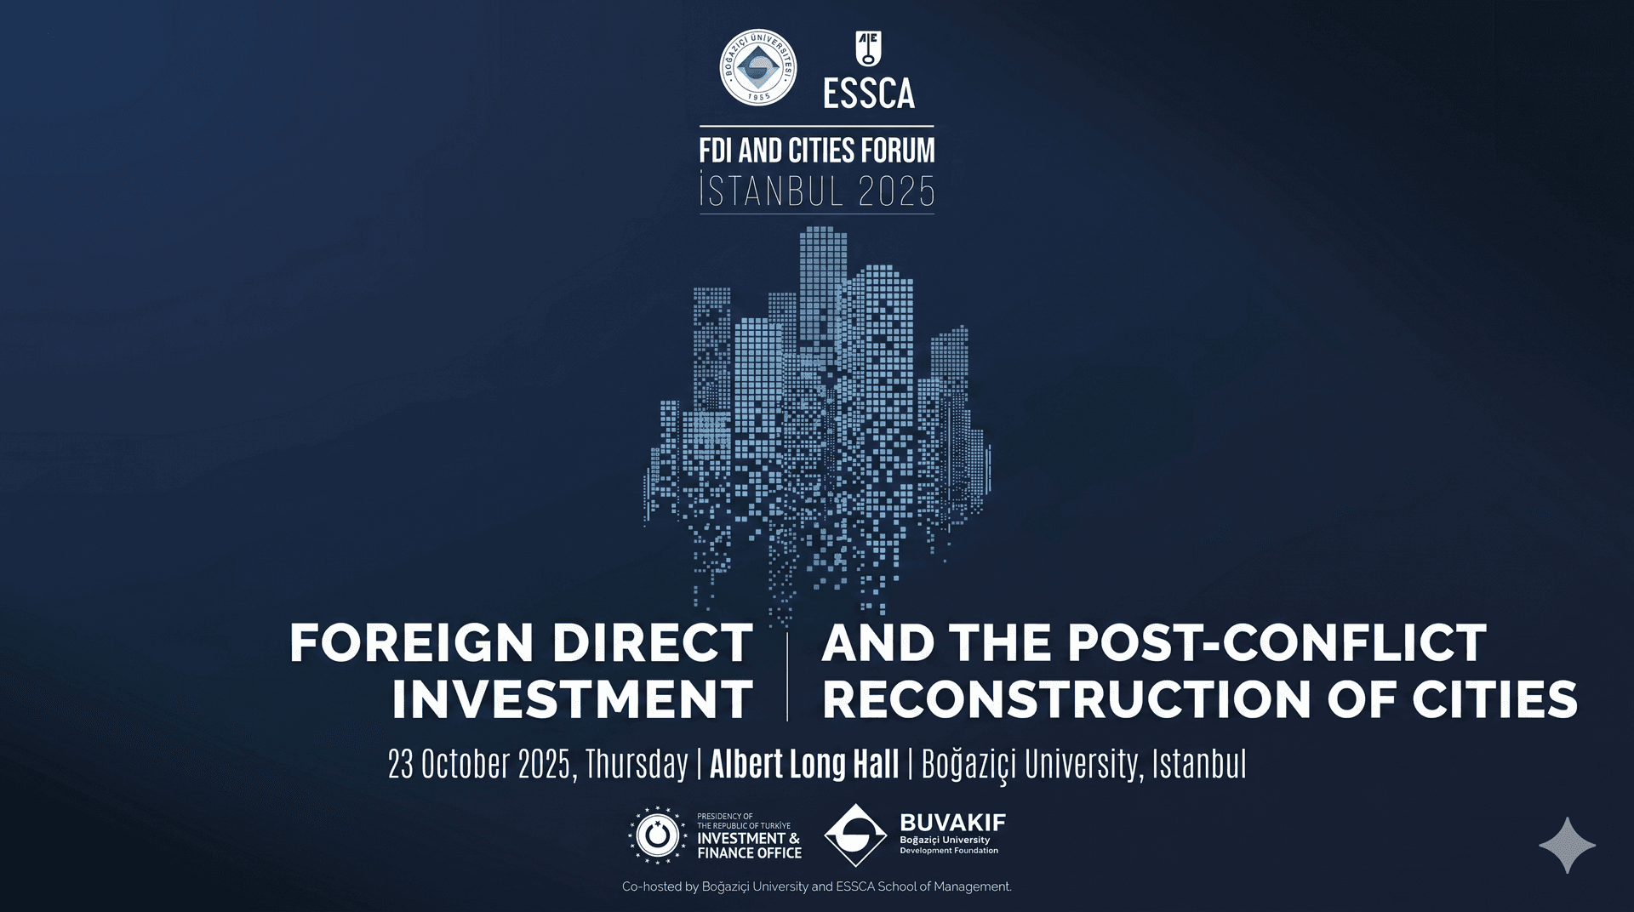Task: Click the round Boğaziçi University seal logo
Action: pyautogui.click(x=758, y=67)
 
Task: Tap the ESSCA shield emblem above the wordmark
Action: pyautogui.click(x=868, y=48)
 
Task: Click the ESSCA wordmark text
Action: pyautogui.click(x=869, y=94)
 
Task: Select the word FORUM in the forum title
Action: pyautogui.click(x=898, y=151)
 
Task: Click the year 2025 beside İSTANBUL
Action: pyautogui.click(x=896, y=191)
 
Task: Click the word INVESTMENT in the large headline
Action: pyautogui.click(x=573, y=699)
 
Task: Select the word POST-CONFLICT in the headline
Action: pyautogui.click(x=1277, y=642)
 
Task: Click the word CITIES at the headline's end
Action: pyautogui.click(x=1495, y=699)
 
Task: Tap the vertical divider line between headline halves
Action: pyautogui.click(x=787, y=677)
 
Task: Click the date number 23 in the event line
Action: pyautogui.click(x=400, y=764)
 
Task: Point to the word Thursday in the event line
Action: pyautogui.click(x=637, y=764)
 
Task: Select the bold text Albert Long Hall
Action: pyautogui.click(x=804, y=764)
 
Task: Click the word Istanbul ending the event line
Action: pyautogui.click(x=1199, y=764)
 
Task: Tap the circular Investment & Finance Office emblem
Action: pyautogui.click(x=657, y=835)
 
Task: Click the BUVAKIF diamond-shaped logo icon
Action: pyautogui.click(x=856, y=835)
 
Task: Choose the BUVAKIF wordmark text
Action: pyautogui.click(x=953, y=823)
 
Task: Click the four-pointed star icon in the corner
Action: pyautogui.click(x=1568, y=846)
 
